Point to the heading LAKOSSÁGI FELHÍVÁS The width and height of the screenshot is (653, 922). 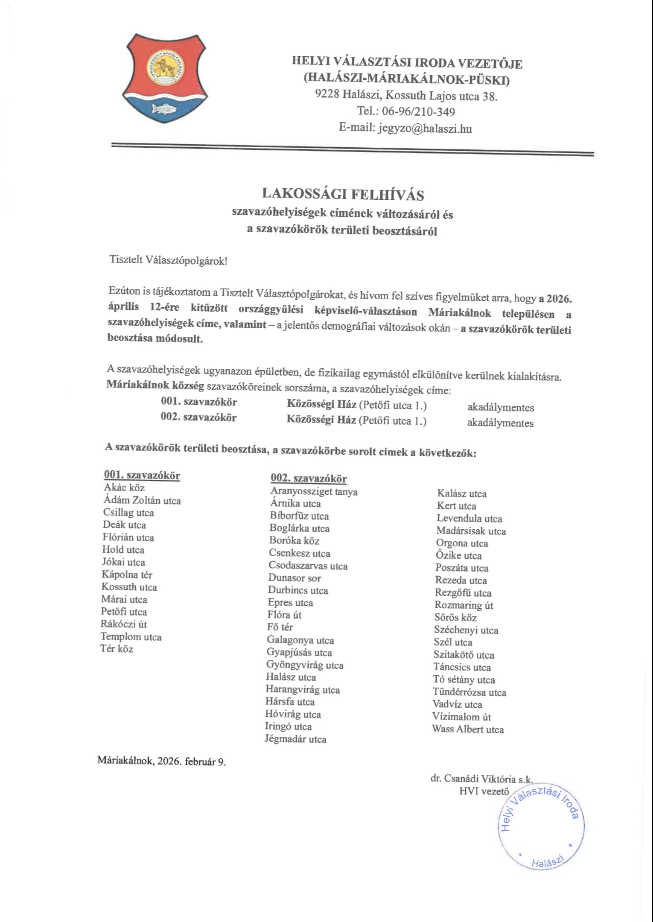pos(343,194)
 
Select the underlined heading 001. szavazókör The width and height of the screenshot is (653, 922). pos(142,475)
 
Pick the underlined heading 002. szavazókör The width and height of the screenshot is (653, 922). pos(309,479)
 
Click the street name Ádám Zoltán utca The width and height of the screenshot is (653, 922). pos(142,500)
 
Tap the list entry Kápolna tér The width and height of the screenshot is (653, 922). pos(127,575)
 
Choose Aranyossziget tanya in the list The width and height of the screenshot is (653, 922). pos(314,491)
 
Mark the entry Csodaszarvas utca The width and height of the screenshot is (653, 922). pos(308,566)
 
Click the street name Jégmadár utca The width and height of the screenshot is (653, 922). pos(295,739)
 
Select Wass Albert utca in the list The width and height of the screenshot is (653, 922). pos(468,729)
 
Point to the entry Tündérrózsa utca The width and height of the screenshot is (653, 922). pos(469,692)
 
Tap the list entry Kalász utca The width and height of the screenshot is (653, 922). pos(462,493)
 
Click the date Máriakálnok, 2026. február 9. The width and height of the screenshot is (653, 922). pos(162,761)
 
